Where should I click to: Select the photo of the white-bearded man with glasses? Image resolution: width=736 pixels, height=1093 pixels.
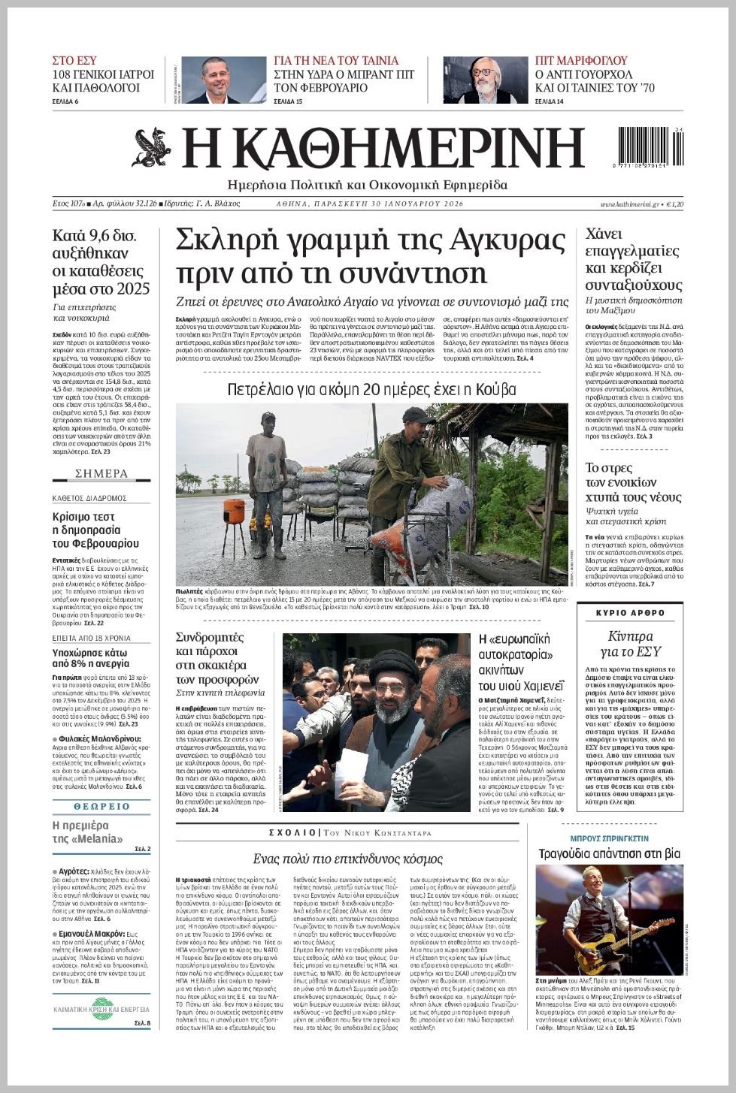pos(485,80)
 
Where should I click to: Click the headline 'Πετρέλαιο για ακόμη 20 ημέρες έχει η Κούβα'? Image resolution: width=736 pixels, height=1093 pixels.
pos(371,389)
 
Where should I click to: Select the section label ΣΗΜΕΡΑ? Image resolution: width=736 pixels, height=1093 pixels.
pos(101,473)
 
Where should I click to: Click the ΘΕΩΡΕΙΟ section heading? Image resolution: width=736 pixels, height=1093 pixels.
pos(101,806)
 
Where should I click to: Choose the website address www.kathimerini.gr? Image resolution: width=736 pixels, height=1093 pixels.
pos(629,204)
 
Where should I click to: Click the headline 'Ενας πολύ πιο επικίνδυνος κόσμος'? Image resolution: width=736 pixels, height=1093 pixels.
pos(347,859)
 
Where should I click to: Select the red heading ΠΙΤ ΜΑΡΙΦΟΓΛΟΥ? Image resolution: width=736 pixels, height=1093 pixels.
pos(581,61)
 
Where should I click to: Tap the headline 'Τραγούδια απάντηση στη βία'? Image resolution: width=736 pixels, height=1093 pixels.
pos(609,853)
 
